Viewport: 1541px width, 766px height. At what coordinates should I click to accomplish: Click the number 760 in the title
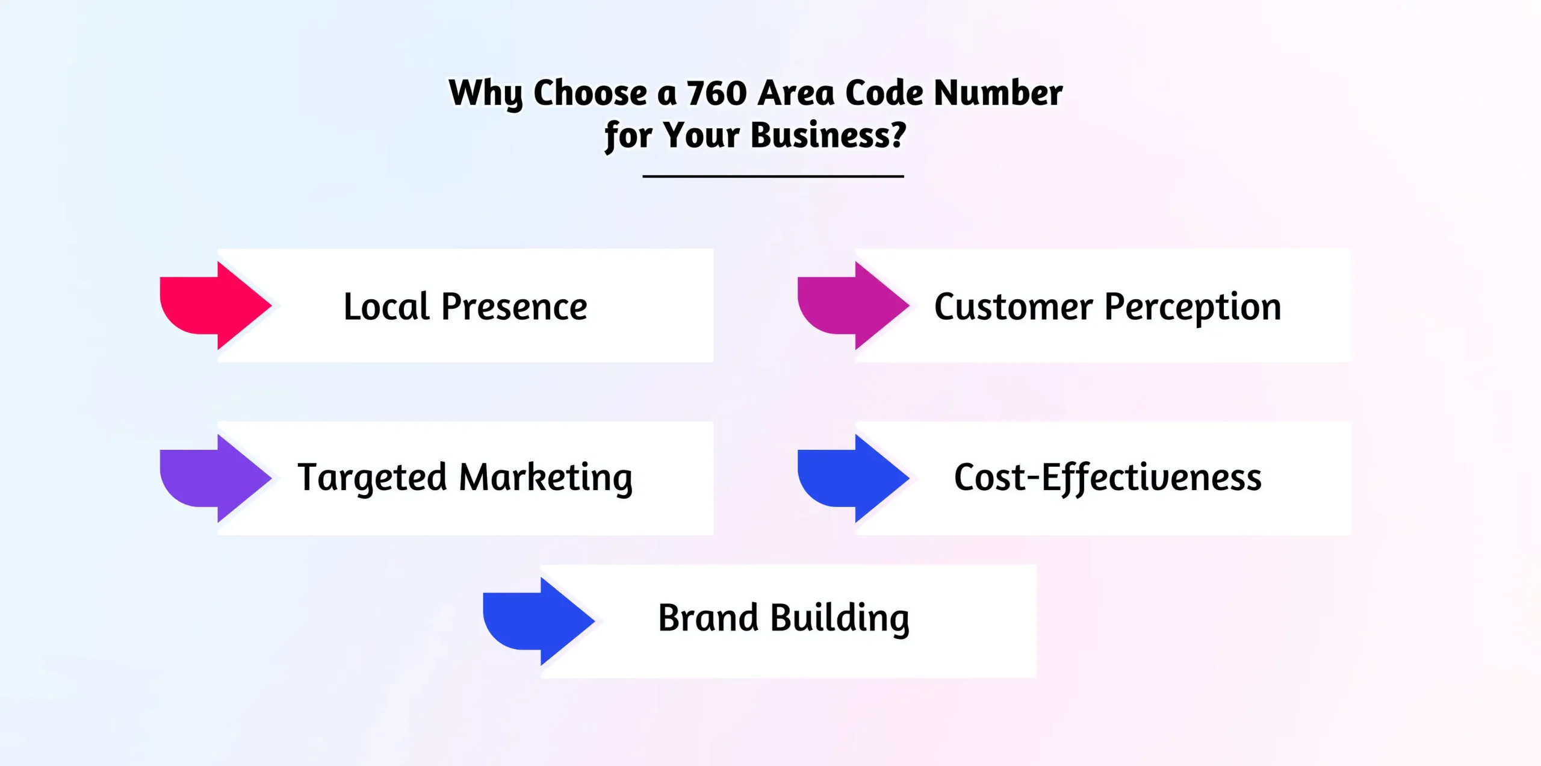coord(716,93)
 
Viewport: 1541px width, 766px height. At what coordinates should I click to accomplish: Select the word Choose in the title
coord(590,93)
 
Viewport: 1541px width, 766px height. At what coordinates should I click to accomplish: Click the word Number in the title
coord(998,93)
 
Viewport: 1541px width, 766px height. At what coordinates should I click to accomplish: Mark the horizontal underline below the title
coord(773,176)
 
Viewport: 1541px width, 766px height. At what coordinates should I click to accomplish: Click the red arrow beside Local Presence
coord(215,305)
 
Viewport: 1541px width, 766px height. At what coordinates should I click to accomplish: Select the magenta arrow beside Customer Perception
coord(853,305)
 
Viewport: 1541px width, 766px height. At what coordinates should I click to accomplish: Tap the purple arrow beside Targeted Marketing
coord(215,478)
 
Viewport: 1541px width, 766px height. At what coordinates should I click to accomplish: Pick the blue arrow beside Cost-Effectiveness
coord(853,478)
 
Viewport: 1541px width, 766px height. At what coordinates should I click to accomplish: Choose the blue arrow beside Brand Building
coord(539,621)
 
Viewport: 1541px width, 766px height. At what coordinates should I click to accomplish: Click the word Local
coord(386,307)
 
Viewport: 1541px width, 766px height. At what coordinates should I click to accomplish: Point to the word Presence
coord(514,307)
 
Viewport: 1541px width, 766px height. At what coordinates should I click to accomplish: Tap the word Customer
coord(1013,307)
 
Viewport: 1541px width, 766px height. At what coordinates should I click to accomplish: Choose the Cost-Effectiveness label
coord(1108,478)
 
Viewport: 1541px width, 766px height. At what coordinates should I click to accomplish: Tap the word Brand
coord(708,618)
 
